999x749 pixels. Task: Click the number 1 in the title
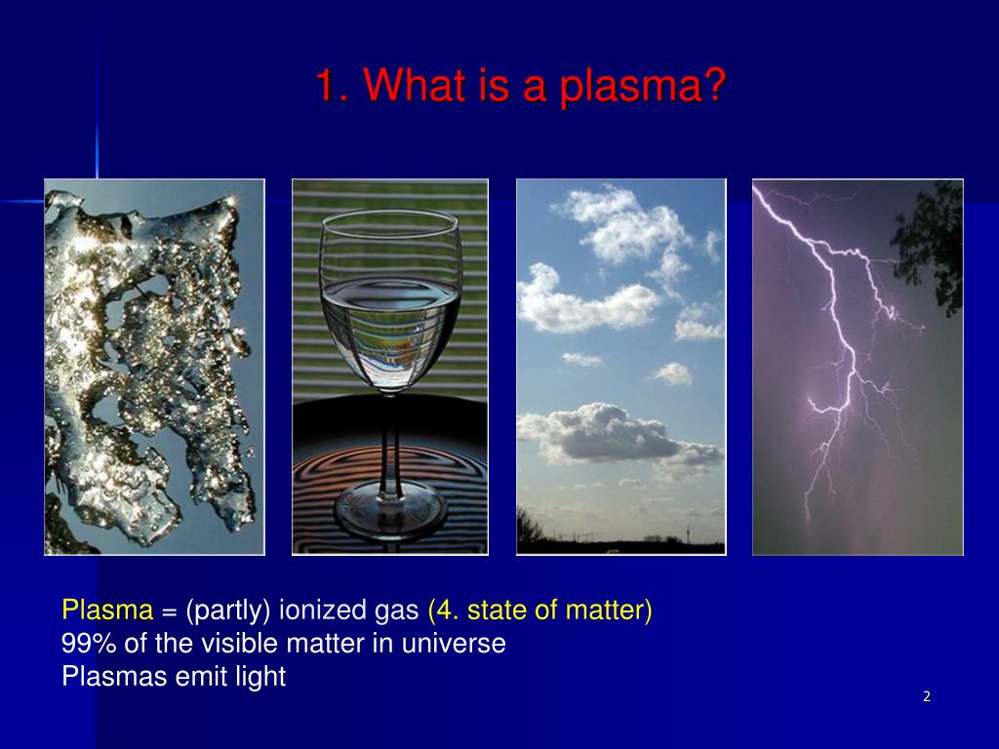point(325,87)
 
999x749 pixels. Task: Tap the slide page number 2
point(926,696)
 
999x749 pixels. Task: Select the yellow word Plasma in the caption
point(107,611)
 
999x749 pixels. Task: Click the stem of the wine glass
point(389,439)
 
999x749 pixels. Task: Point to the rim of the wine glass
point(389,212)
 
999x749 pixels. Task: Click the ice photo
point(154,367)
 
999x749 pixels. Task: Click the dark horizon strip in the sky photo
point(620,546)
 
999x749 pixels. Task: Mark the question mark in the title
point(714,87)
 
